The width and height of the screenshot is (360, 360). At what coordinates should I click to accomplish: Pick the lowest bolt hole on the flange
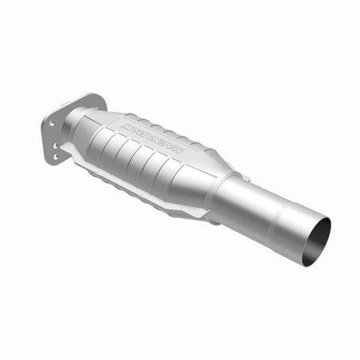click(x=55, y=157)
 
